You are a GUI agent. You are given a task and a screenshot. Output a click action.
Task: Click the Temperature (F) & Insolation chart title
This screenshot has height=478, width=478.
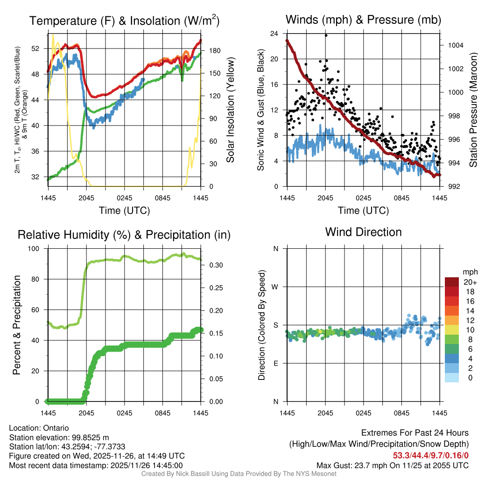[x=124, y=21]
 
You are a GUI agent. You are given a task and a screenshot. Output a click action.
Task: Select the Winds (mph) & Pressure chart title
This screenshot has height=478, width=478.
[x=363, y=20]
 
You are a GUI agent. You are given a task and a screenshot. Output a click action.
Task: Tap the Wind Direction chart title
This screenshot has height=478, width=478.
[x=363, y=232]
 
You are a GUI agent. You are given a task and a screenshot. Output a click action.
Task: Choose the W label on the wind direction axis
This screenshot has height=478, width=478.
[x=276, y=287]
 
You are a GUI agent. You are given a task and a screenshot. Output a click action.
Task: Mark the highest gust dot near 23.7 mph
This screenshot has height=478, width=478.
[x=326, y=35]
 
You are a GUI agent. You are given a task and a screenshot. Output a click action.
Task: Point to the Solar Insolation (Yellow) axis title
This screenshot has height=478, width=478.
[x=230, y=110]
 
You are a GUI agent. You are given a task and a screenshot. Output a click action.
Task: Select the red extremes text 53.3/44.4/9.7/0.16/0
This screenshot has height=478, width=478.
[x=430, y=456]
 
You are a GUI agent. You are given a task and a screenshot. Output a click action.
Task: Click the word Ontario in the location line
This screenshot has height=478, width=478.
[x=56, y=428]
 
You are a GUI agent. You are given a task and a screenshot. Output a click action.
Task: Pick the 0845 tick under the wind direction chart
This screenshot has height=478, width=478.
[x=402, y=413]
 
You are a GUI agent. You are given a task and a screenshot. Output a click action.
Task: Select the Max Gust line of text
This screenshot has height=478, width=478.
[x=393, y=465]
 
